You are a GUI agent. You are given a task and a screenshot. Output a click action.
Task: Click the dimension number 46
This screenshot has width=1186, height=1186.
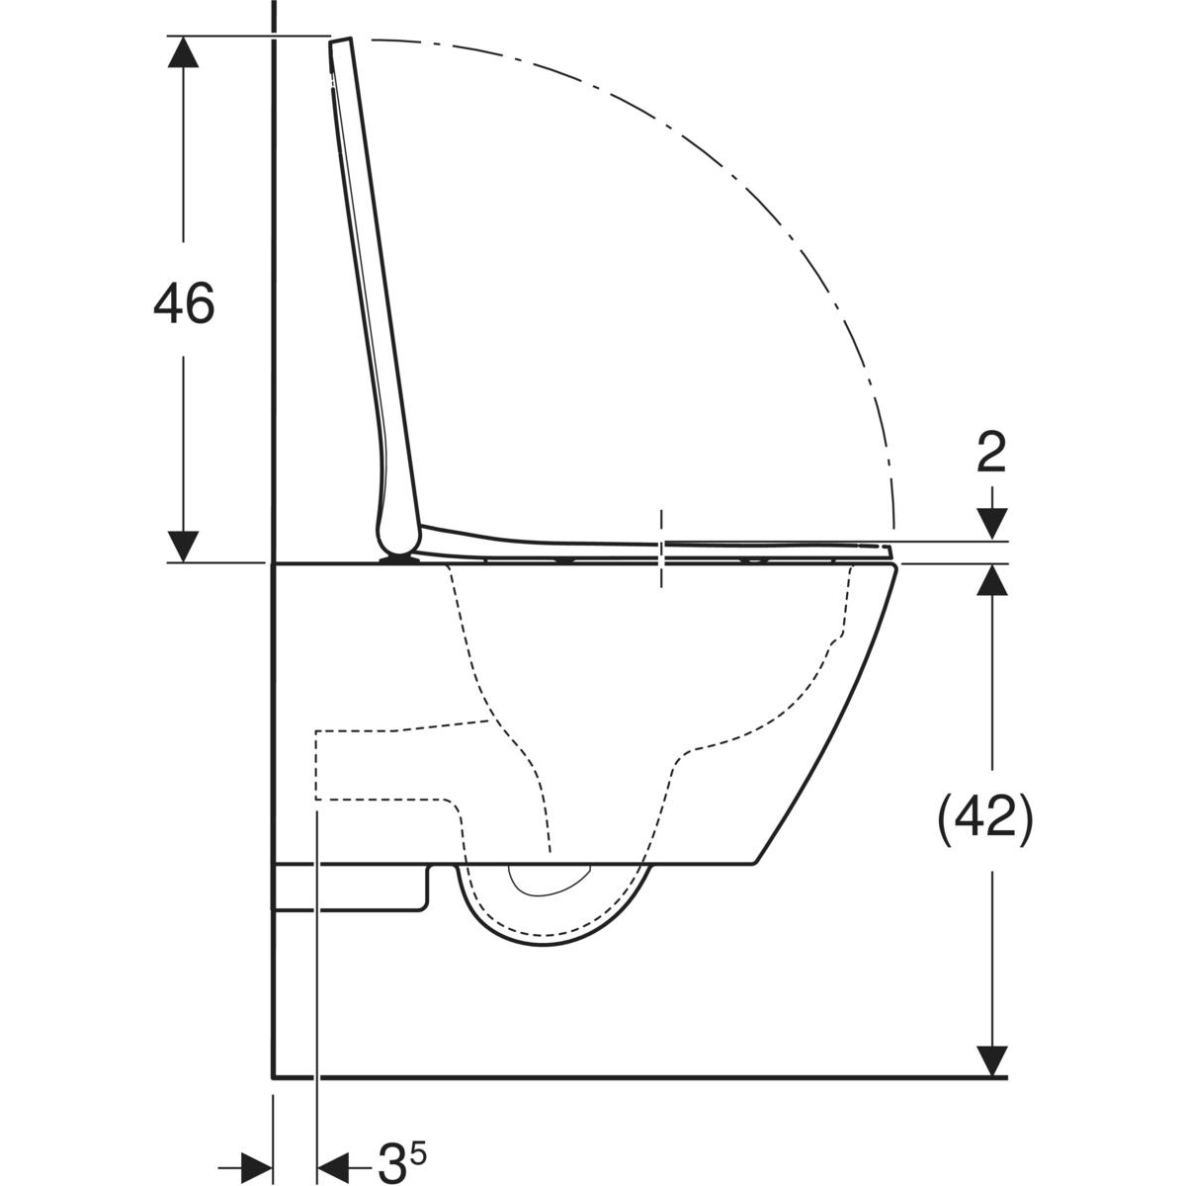[x=184, y=302]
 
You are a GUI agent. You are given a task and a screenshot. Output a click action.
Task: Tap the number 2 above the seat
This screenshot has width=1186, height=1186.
[x=991, y=452]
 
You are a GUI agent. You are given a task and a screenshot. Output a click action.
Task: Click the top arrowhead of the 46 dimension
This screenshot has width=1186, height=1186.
[x=183, y=51]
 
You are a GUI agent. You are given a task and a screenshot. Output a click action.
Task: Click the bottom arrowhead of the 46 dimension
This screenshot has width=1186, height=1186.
[x=183, y=546]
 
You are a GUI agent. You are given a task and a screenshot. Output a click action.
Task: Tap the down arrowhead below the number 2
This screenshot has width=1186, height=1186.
[x=991, y=523]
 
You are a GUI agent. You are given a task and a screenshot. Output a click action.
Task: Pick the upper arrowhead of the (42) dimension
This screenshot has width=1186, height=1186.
[x=991, y=580]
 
